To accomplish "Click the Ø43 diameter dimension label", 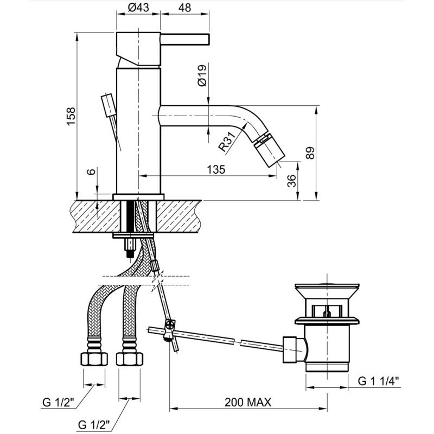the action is (x=138, y=8).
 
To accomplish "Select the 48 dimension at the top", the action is (x=184, y=8).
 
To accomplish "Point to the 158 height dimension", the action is (x=71, y=116).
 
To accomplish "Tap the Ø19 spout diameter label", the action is (x=202, y=75).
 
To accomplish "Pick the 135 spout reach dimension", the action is (x=216, y=169).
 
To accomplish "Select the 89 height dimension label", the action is (x=310, y=153).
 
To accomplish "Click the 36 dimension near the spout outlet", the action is (x=291, y=181).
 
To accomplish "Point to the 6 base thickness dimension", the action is (x=91, y=171).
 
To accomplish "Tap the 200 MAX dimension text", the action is (x=248, y=402).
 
